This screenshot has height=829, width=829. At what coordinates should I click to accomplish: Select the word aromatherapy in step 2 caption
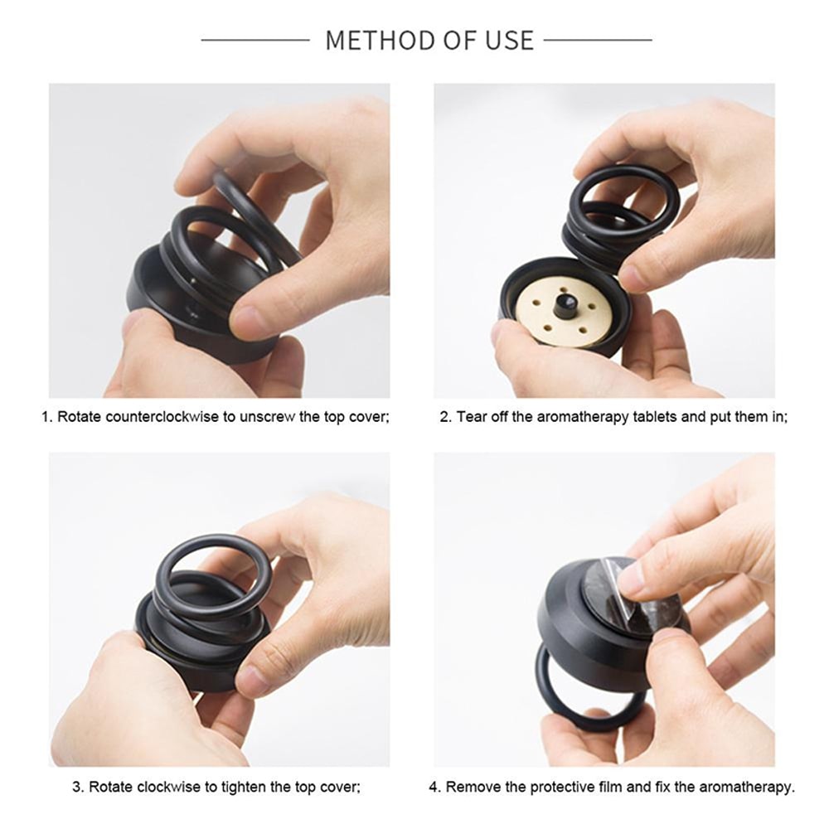click(583, 417)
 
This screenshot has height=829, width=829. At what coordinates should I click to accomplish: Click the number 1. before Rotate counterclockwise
click(46, 417)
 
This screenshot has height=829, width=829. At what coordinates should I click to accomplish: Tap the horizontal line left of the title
click(255, 40)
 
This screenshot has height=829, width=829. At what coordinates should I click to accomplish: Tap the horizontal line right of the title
click(598, 40)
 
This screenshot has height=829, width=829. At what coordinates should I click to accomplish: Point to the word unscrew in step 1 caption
click(271, 417)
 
